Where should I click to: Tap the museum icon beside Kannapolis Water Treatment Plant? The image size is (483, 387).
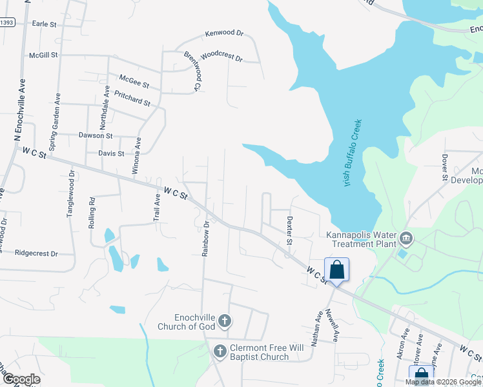[x=407, y=239]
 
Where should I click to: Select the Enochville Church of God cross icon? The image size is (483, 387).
[x=224, y=321]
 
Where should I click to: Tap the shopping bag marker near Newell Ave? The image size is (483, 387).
[x=337, y=270]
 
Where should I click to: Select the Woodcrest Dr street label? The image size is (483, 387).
[x=221, y=57]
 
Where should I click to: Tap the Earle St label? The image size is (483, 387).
[x=45, y=24]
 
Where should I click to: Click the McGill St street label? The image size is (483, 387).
[x=43, y=55]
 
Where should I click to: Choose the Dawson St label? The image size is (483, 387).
[x=96, y=136]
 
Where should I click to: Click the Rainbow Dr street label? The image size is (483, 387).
[x=206, y=239]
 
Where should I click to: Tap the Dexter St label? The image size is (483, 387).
[x=289, y=231]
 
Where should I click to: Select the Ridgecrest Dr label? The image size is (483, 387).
[x=36, y=253]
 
